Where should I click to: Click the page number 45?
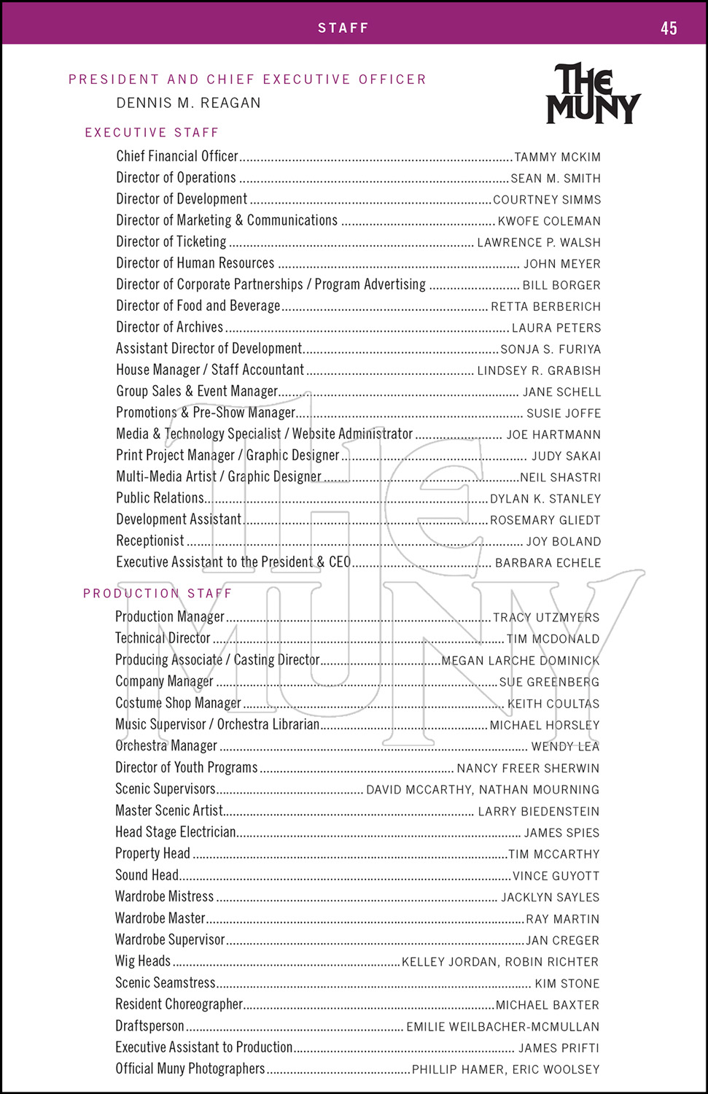pyautogui.click(x=669, y=28)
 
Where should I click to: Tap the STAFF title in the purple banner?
pyautogui.click(x=343, y=28)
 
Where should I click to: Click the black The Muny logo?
pyautogui.click(x=593, y=93)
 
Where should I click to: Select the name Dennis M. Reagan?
pyautogui.click(x=188, y=103)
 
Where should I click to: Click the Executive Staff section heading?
pyautogui.click(x=152, y=133)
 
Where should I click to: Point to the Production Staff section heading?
pyautogui.click(x=157, y=594)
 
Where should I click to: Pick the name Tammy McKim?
pyautogui.click(x=557, y=158)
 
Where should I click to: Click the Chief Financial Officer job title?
pyautogui.click(x=177, y=156)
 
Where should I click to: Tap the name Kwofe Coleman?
pyautogui.click(x=549, y=221)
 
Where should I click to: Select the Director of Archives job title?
pyautogui.click(x=170, y=327)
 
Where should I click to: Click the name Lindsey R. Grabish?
pyautogui.click(x=539, y=371)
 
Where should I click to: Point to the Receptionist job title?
pyautogui.click(x=150, y=540)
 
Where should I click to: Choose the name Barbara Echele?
pyautogui.click(x=548, y=563)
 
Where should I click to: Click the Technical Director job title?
pyautogui.click(x=163, y=638)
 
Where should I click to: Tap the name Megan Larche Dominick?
pyautogui.click(x=520, y=661)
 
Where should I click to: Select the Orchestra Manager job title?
pyautogui.click(x=166, y=745)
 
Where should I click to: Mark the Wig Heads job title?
pyautogui.click(x=143, y=961)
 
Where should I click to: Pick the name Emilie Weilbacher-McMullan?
pyautogui.click(x=502, y=1027)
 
